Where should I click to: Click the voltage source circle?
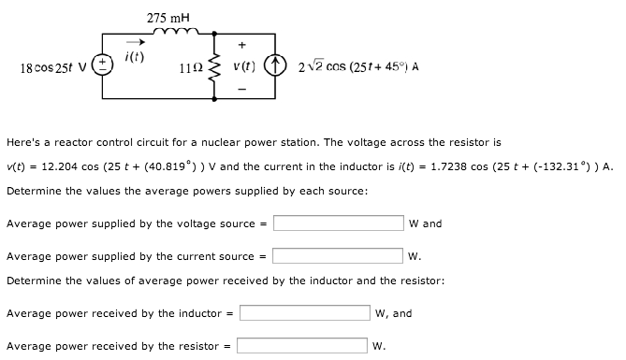tap(109, 68)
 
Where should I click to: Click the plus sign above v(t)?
tap(244, 44)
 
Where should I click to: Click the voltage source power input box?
tap(339, 223)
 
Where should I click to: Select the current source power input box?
tap(339, 255)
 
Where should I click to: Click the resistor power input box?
tap(302, 345)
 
